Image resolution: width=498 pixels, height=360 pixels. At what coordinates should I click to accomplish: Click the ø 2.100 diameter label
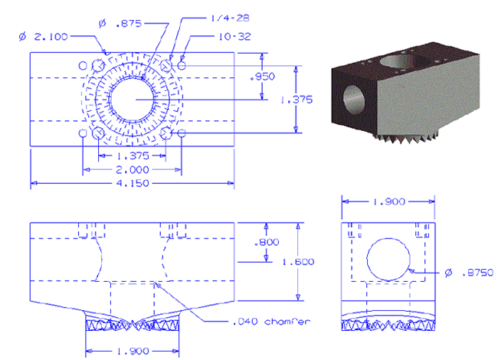pyautogui.click(x=43, y=37)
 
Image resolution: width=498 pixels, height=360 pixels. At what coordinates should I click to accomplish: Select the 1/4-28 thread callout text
pyautogui.click(x=231, y=18)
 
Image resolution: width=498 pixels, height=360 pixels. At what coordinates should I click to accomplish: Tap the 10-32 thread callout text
pyautogui.click(x=234, y=37)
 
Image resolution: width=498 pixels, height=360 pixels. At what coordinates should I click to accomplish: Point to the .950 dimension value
pyautogui.click(x=262, y=77)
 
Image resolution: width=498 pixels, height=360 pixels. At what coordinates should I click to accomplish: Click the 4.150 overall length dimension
pyautogui.click(x=133, y=183)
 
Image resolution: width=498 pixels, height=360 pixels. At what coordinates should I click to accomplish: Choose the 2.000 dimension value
pyautogui.click(x=133, y=170)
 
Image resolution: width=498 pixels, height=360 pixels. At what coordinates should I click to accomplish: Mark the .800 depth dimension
pyautogui.click(x=267, y=242)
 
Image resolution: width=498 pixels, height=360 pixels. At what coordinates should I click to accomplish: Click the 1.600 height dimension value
pyautogui.click(x=298, y=262)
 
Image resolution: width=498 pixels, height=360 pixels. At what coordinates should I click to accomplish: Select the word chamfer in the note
pyautogui.click(x=287, y=322)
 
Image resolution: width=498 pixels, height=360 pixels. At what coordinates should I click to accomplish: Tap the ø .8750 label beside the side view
pyautogui.click(x=469, y=273)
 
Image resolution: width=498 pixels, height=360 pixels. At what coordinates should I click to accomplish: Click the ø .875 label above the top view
pyautogui.click(x=120, y=23)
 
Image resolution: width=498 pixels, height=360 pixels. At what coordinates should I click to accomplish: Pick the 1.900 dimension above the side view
pyautogui.click(x=388, y=201)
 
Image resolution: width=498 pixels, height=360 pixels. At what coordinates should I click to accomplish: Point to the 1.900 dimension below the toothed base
pyautogui.click(x=133, y=351)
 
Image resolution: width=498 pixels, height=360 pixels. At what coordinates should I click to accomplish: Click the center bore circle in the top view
pyautogui.click(x=109, y=100)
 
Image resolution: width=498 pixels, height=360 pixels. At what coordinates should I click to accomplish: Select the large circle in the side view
pyautogui.click(x=367, y=260)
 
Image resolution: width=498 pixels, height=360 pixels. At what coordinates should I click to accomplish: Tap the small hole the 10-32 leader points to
pyautogui.click(x=182, y=65)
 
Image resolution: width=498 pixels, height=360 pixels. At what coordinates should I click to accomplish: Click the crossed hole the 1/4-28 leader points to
pyautogui.click(x=166, y=65)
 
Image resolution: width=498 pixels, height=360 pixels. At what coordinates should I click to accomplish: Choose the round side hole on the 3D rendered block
pyautogui.click(x=354, y=99)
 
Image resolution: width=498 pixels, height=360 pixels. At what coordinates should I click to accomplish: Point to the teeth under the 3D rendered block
pyautogui.click(x=406, y=137)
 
